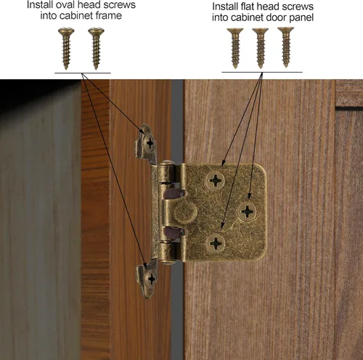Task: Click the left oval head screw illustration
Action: tap(68, 47)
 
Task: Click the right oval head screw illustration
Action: tap(95, 47)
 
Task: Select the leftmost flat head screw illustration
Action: tap(234, 46)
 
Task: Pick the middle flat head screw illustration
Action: tap(260, 46)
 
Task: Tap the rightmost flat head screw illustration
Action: tap(285, 46)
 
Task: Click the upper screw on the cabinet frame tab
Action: tap(150, 142)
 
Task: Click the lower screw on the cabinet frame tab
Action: tap(150, 277)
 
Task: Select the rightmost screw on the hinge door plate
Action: tap(248, 211)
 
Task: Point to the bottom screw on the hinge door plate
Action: tap(216, 242)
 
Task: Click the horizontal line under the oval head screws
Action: tap(83, 73)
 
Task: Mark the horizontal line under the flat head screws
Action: tap(261, 72)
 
